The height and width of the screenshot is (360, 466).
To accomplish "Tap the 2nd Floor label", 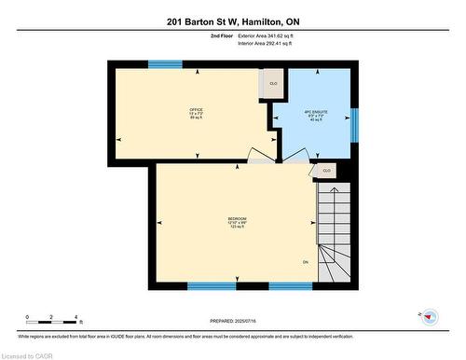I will click(x=221, y=35).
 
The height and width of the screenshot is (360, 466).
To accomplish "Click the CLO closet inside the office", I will click(x=273, y=84).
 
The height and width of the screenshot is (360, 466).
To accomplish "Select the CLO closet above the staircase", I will click(x=326, y=171).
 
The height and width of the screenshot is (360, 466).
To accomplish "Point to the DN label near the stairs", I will click(x=305, y=261).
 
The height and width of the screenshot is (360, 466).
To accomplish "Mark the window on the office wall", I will click(x=165, y=64).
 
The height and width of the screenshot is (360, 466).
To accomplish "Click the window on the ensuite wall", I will click(x=353, y=124).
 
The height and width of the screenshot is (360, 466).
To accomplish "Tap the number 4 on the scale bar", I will click(x=76, y=318).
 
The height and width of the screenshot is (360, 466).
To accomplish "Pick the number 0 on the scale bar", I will click(x=27, y=318).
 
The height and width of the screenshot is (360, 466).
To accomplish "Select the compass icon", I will click(x=430, y=317).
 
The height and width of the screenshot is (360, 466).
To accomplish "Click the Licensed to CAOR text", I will click(x=27, y=354).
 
